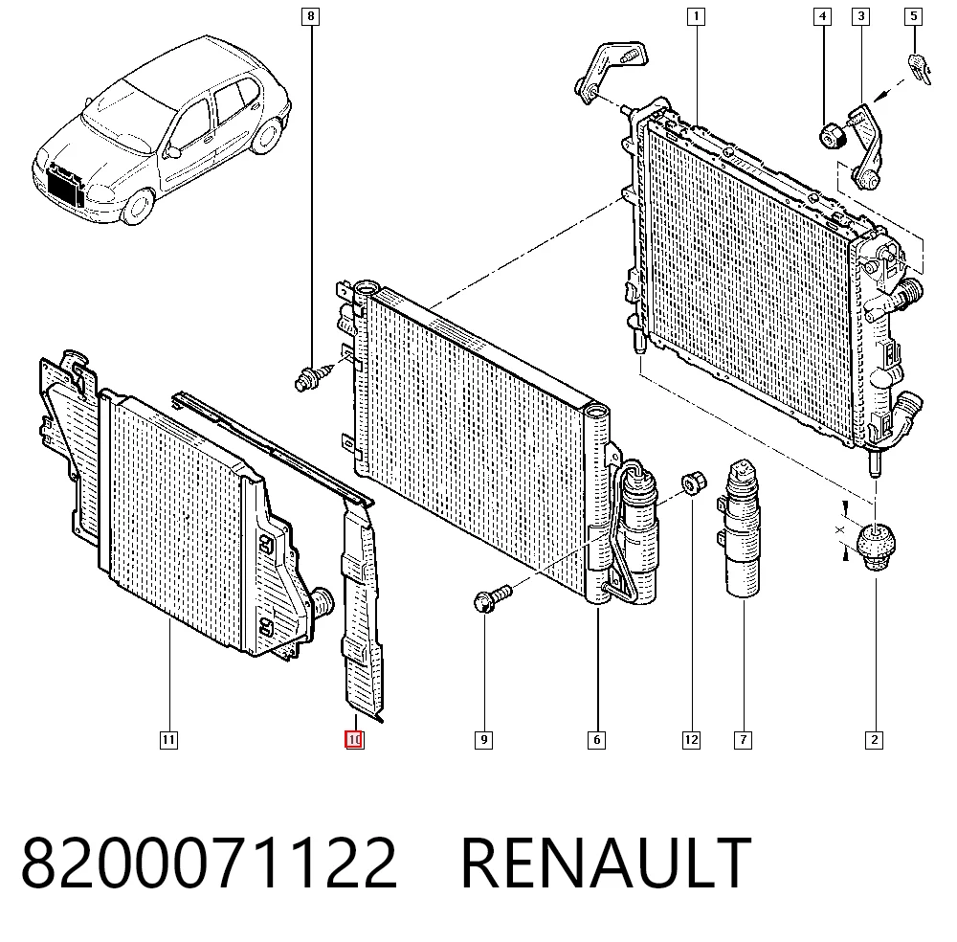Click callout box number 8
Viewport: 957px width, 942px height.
pyautogui.click(x=311, y=16)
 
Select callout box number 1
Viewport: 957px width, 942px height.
pyautogui.click(x=696, y=16)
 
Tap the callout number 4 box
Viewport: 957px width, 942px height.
pyautogui.click(x=823, y=16)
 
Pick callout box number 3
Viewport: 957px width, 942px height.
pyautogui.click(x=860, y=16)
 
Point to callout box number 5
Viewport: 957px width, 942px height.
pyautogui.click(x=913, y=16)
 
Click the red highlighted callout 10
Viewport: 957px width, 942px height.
pyautogui.click(x=354, y=740)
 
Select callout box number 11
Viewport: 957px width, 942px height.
pyautogui.click(x=168, y=741)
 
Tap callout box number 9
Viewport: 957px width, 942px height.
pyautogui.click(x=483, y=741)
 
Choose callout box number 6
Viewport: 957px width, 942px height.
pyautogui.click(x=596, y=741)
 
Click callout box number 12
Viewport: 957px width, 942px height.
pyautogui.click(x=691, y=741)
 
